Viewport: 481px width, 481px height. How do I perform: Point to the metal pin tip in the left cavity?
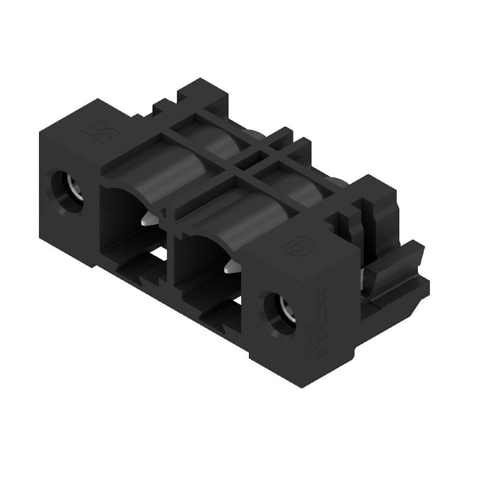coord(149,219)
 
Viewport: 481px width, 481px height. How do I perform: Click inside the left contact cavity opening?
coord(123,216)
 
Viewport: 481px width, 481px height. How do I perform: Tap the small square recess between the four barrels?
coord(244,161)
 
